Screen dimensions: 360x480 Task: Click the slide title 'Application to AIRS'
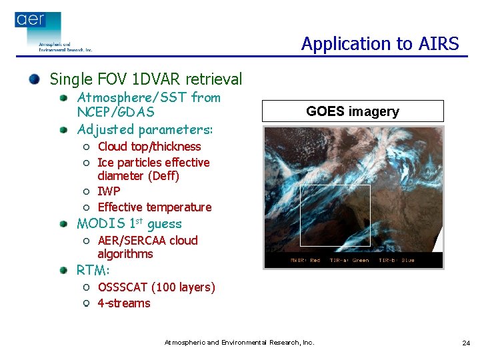[379, 44]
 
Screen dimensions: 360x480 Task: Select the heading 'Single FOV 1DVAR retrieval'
[146, 79]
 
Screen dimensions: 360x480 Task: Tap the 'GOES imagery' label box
[352, 111]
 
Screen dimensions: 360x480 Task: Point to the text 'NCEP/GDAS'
[115, 113]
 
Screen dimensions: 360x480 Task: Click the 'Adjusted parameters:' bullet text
[145, 129]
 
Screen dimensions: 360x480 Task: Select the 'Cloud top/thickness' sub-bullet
[149, 147]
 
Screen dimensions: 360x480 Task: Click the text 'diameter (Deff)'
[138, 176]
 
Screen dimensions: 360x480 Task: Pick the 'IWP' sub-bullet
[109, 191]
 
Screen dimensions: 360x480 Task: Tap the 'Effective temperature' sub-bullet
[154, 207]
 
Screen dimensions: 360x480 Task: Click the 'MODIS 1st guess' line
[129, 224]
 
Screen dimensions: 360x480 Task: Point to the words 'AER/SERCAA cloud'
[147, 241]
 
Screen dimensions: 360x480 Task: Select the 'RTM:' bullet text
[93, 271]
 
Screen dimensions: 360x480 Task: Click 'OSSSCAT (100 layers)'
[156, 287]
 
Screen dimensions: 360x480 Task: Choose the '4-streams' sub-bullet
[123, 303]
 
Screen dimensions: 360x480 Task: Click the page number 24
[465, 343]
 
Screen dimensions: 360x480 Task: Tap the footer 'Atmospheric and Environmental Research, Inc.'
[239, 343]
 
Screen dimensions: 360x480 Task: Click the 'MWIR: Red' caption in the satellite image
[305, 260]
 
